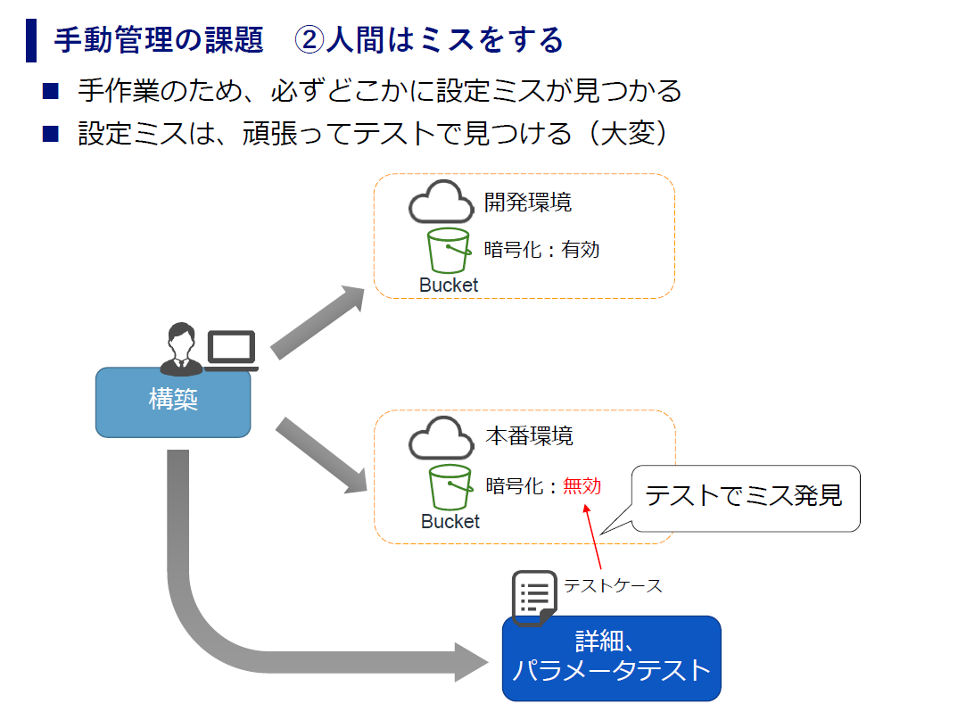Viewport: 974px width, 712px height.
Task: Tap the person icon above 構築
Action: pos(181,349)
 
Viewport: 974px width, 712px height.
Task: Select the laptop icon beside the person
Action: pos(232,351)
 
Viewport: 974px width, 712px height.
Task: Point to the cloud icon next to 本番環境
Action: pos(441,438)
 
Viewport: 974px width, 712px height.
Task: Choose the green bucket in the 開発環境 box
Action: pos(449,251)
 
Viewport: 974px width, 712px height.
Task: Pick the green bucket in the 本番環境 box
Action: pos(450,487)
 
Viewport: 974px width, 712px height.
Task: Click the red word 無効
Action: pos(582,486)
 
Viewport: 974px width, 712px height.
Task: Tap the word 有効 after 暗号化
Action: pos(580,250)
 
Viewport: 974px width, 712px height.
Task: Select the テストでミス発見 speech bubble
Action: pos(746,498)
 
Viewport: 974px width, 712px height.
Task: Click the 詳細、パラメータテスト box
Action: pos(611,658)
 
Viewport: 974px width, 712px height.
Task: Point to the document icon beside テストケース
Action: pos(534,598)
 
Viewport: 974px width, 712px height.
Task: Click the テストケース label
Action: pos(613,585)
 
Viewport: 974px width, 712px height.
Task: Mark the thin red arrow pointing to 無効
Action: pos(592,537)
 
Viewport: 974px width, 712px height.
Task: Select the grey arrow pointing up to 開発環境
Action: pos(318,322)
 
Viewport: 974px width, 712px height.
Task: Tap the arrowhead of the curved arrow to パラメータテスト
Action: pos(472,662)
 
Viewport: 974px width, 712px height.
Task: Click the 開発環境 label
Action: pos(527,203)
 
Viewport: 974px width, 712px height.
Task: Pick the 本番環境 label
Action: pos(529,436)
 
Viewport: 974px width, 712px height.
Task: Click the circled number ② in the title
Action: pos(309,40)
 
